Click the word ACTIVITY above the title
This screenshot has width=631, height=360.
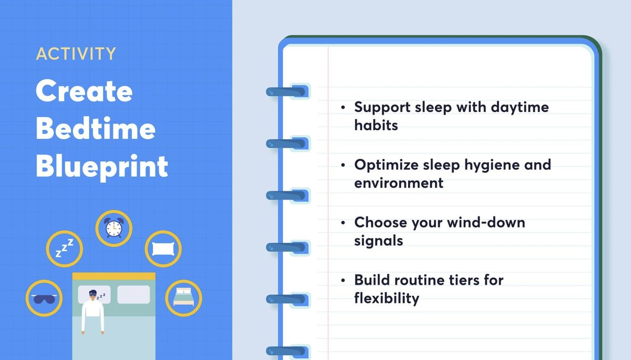[x=76, y=54]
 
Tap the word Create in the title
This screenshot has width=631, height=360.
[x=84, y=91]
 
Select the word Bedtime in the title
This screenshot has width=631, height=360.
[x=95, y=129]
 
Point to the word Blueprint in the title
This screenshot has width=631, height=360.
[x=102, y=167]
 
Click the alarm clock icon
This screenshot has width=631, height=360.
[x=113, y=228]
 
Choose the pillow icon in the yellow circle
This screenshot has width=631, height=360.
[x=163, y=249]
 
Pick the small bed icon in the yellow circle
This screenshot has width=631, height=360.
[x=183, y=297]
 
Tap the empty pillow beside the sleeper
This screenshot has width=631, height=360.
[x=133, y=294]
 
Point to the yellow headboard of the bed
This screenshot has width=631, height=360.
[x=114, y=276]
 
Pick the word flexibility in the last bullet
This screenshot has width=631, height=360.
[x=386, y=298]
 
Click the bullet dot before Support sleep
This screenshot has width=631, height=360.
[x=343, y=108]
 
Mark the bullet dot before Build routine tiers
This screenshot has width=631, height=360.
[x=343, y=280]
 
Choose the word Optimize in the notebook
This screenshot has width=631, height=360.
[x=386, y=165]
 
